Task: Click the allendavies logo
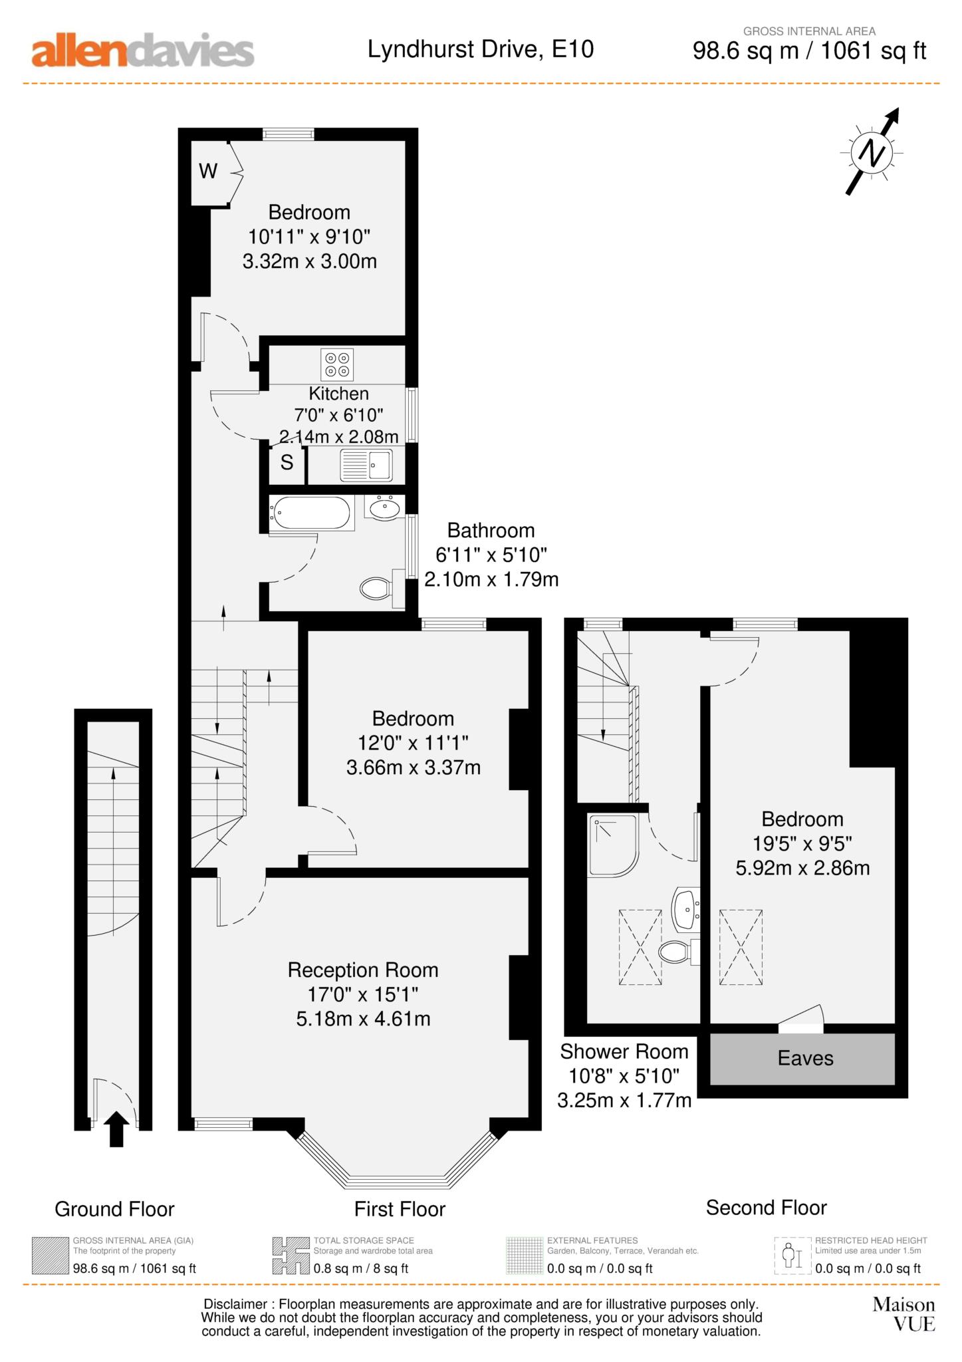[x=142, y=51]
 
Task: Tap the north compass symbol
[x=872, y=153]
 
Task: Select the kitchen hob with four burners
[x=336, y=364]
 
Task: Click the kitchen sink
[x=366, y=464]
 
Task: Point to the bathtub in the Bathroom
[x=310, y=513]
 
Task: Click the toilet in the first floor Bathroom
[x=377, y=588]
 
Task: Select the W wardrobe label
[x=208, y=172]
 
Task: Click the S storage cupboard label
[x=287, y=463]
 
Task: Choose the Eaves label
[x=805, y=1058]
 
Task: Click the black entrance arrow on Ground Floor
[x=117, y=1129]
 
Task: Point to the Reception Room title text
[x=362, y=970]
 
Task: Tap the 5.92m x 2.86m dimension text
[x=802, y=868]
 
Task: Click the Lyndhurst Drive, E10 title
[x=480, y=49]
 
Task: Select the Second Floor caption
[x=766, y=1207]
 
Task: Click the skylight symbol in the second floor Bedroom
[x=740, y=947]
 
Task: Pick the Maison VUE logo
[x=903, y=1313]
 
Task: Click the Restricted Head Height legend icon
[x=792, y=1256]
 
